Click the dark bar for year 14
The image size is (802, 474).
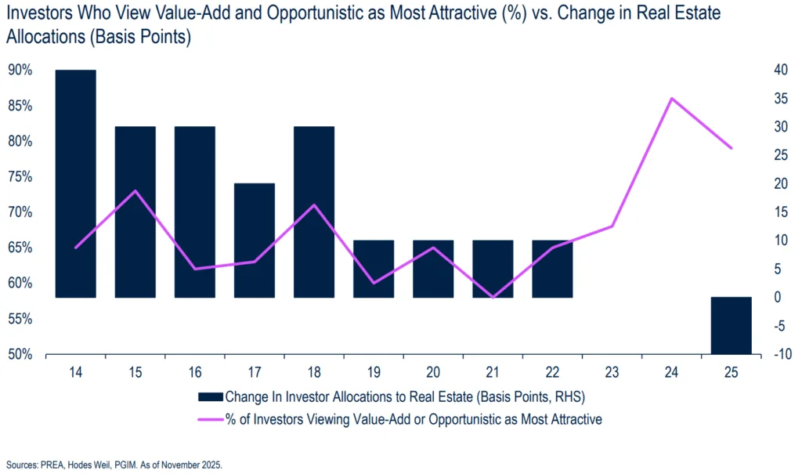click(x=76, y=184)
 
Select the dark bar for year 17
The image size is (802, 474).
click(x=255, y=241)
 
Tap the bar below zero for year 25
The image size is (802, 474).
click(x=731, y=326)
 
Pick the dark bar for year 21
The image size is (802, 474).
click(x=493, y=269)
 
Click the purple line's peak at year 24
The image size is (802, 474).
click(x=671, y=99)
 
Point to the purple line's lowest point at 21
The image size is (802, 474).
click(x=493, y=298)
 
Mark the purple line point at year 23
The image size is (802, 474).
click(x=612, y=226)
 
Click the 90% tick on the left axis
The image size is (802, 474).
click(x=20, y=71)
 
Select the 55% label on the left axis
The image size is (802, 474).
click(x=20, y=320)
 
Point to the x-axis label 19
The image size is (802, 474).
click(x=374, y=372)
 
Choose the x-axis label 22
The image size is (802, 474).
click(x=552, y=372)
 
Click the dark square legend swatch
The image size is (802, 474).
click(x=211, y=396)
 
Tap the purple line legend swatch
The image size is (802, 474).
click(x=211, y=419)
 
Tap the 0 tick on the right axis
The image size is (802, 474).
click(x=778, y=298)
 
